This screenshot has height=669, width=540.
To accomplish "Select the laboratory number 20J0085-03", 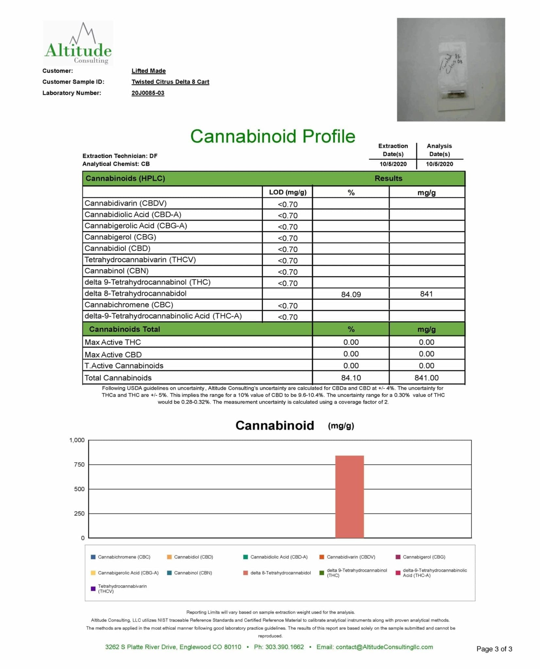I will tap(148, 93).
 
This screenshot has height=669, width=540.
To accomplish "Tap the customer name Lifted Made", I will tap(148, 71).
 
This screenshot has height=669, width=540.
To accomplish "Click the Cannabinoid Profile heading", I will tap(272, 136).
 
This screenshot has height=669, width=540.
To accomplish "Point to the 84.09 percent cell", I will tap(351, 294).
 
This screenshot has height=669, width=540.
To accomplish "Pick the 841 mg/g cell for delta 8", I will tap(426, 294).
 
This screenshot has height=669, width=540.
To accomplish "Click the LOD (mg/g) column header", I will tap(287, 192).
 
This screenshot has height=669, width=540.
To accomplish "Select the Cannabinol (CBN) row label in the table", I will tap(117, 271).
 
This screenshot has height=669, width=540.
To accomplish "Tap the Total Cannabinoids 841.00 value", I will tap(426, 378).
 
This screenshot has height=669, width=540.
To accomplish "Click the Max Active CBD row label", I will tap(113, 355).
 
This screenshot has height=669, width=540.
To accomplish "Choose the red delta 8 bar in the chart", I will tap(349, 497).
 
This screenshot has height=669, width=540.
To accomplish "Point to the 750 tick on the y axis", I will tap(79, 465).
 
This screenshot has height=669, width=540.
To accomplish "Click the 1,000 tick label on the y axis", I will tap(77, 440).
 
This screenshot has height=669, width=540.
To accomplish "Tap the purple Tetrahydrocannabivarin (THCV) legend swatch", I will tap(93, 589).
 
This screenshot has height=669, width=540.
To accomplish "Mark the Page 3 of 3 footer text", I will tap(494, 649).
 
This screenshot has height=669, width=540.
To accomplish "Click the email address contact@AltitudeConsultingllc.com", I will tap(384, 647).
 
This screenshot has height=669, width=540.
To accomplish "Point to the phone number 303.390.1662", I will tap(284, 647).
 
